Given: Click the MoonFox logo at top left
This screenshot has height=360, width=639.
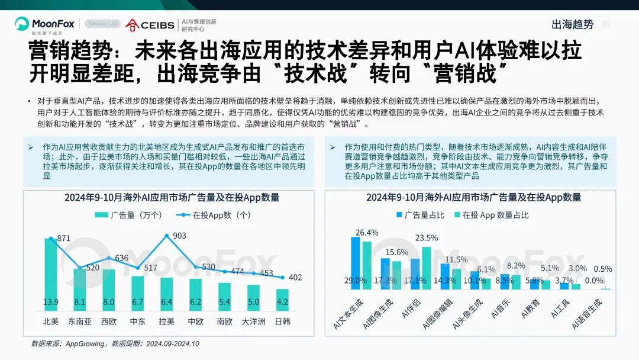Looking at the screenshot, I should (44, 24).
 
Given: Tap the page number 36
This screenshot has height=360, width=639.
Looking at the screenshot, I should (605, 24).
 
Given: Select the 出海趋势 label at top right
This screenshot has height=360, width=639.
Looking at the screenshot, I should (572, 24).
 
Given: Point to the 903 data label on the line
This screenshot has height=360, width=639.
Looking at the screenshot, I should (179, 236).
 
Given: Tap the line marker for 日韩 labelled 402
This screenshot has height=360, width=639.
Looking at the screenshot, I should (282, 277).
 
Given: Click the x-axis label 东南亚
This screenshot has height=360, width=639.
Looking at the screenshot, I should (80, 322).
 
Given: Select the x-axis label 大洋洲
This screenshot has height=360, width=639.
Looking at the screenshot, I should (253, 322).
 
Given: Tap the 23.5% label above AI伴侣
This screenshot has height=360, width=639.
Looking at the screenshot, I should (427, 238).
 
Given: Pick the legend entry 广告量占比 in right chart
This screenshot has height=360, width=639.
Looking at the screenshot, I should (419, 215).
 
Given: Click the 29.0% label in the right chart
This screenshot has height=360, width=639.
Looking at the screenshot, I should (355, 281).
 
